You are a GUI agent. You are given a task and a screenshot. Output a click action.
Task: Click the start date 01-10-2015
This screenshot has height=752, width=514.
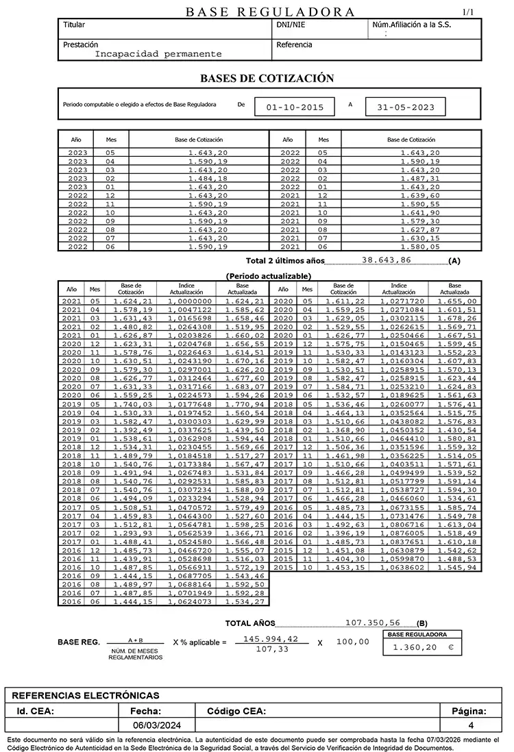(295, 108)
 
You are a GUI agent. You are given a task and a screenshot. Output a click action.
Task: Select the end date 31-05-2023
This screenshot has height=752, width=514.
(406, 108)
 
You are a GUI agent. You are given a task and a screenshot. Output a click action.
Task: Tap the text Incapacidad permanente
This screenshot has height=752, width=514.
(158, 53)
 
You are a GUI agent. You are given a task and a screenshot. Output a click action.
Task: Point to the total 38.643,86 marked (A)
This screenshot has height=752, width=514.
(387, 261)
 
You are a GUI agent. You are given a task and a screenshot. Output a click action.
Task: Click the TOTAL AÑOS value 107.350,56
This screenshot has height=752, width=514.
(374, 623)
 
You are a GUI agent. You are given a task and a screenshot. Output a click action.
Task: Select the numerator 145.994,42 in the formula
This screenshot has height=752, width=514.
(271, 638)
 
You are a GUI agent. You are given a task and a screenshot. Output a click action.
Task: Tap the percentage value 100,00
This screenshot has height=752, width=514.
(353, 642)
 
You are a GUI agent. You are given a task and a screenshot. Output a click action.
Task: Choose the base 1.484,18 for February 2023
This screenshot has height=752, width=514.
(208, 178)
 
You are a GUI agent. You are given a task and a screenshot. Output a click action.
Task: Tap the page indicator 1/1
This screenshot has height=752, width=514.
(469, 12)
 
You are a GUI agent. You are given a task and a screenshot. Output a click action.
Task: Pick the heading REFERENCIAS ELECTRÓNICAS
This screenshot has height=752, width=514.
(86, 695)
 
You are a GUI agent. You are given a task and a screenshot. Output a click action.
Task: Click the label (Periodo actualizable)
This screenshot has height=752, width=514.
(268, 276)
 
